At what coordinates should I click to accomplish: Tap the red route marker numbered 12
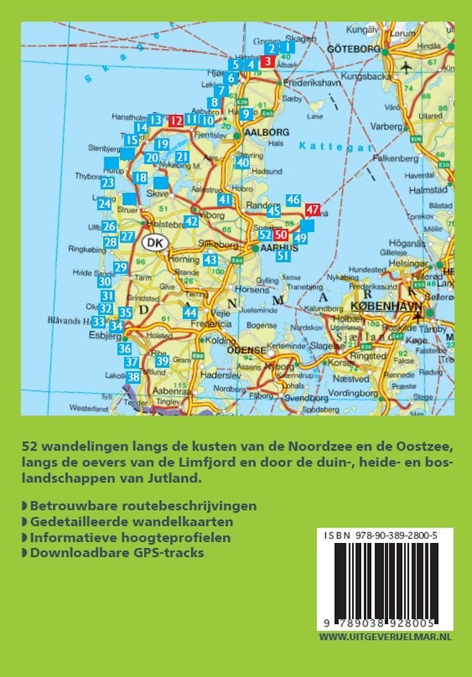pos(175,121)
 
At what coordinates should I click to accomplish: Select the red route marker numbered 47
pos(313,209)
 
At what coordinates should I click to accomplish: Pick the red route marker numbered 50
pos(281,235)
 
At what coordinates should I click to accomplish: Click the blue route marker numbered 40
pos(243,163)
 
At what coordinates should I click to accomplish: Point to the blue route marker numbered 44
pos(190,312)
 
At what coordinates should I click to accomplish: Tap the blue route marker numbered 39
pos(162,361)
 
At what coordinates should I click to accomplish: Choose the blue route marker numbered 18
pos(140,178)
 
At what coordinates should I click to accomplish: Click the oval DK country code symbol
pos(157,243)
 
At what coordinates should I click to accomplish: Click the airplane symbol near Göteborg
pos(407,67)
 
